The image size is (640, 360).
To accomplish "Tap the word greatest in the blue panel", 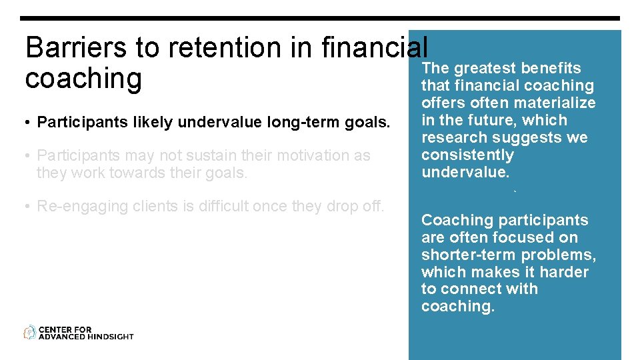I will click(x=485, y=68).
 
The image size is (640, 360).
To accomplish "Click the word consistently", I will click(x=467, y=155).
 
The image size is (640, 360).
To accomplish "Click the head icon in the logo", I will click(x=30, y=332).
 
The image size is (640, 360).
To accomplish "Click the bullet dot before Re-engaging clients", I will click(x=28, y=207).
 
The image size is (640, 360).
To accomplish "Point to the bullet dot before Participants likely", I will click(x=28, y=123).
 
